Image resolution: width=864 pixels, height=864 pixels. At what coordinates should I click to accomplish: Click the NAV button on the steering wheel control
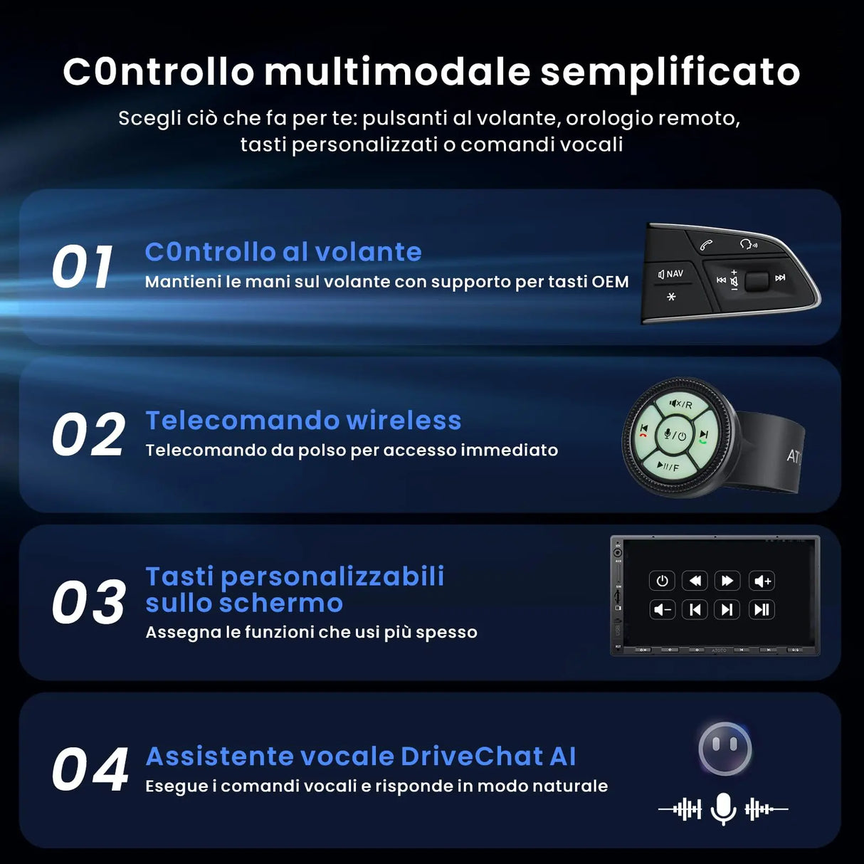click(671, 274)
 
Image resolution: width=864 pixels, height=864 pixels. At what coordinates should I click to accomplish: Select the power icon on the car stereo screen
click(662, 581)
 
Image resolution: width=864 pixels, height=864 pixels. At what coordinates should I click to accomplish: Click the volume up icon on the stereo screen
click(762, 581)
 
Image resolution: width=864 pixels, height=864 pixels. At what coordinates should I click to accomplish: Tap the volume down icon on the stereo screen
click(662, 609)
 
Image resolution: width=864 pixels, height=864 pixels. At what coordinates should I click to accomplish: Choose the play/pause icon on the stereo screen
click(762, 609)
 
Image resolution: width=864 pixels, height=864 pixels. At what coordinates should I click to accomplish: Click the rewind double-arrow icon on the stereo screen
click(695, 581)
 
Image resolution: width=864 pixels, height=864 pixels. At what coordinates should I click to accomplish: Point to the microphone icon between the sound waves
click(723, 808)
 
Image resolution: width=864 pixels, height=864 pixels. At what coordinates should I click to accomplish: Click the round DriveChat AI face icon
click(725, 749)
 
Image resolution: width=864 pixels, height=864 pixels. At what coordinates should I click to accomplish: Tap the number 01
click(83, 268)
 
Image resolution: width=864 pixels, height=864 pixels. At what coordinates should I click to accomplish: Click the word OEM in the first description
click(610, 282)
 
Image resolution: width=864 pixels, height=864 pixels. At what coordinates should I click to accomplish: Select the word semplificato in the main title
click(670, 72)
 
